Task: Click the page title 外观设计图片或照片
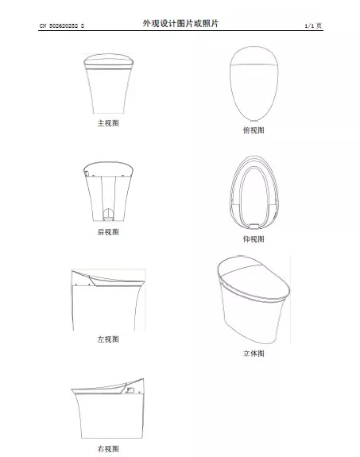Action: point(180,23)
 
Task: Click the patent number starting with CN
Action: point(62,25)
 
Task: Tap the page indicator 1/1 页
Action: point(313,25)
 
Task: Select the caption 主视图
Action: point(108,123)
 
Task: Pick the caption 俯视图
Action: point(254,130)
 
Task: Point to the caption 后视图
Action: point(108,232)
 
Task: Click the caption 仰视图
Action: point(254,239)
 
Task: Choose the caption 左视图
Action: point(108,339)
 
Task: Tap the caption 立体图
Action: point(254,353)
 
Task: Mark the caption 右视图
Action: point(108,449)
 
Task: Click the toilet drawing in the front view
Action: point(108,83)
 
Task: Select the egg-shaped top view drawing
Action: point(254,83)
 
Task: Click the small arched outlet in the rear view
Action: point(108,214)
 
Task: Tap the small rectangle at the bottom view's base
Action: point(254,225)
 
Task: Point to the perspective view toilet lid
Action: point(254,278)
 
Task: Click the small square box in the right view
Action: point(130,390)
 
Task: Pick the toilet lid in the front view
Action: point(108,60)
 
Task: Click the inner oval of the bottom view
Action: point(254,196)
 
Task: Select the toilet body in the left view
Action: point(108,308)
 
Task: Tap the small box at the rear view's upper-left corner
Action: point(87,173)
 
